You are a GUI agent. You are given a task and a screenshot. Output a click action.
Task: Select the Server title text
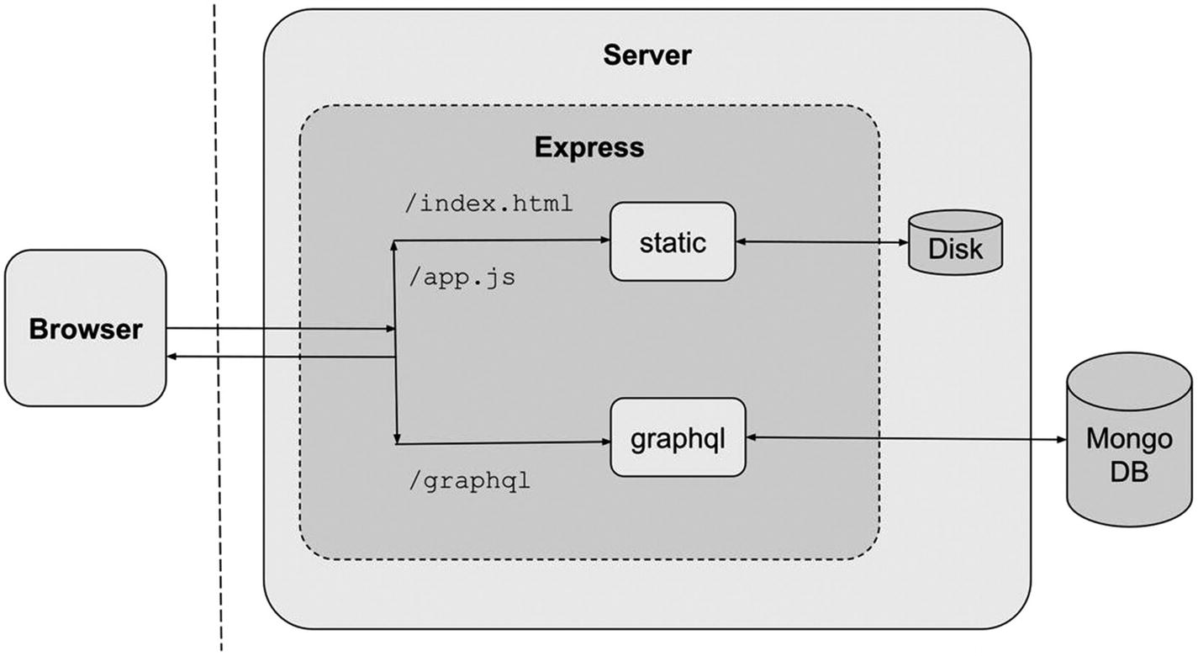pyautogui.click(x=647, y=56)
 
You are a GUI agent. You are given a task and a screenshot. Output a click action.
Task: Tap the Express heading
pyautogui.click(x=589, y=147)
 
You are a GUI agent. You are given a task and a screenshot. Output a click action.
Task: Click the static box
pyautogui.click(x=672, y=242)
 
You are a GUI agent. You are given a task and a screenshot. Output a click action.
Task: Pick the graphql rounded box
pyautogui.click(x=678, y=438)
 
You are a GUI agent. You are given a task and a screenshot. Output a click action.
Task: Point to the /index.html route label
pyautogui.click(x=488, y=204)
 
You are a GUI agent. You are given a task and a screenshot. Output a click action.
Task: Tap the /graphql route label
pyautogui.click(x=468, y=483)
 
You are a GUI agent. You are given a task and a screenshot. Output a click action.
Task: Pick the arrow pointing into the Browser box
pyautogui.click(x=277, y=357)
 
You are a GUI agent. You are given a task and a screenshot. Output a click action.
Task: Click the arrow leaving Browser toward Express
pyautogui.click(x=277, y=329)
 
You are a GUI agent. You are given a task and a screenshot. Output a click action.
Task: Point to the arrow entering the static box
pyautogui.click(x=504, y=241)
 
